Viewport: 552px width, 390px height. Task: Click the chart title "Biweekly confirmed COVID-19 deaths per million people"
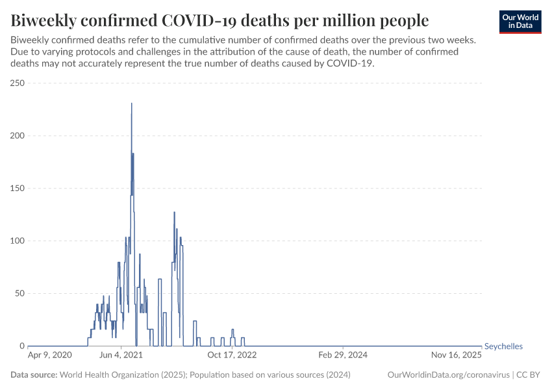click(220, 20)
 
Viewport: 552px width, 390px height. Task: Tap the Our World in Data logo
click(520, 21)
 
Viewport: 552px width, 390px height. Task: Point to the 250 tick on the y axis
click(17, 83)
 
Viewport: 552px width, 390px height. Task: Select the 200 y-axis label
click(17, 136)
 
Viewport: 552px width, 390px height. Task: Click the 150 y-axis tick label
click(17, 188)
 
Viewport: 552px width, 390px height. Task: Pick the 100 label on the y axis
click(17, 241)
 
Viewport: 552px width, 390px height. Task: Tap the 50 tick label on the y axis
click(19, 293)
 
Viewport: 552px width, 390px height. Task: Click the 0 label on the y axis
click(21, 346)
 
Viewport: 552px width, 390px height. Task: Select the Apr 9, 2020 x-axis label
click(50, 356)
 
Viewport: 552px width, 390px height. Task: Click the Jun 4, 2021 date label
click(121, 356)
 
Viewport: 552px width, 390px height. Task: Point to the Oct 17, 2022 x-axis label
click(232, 356)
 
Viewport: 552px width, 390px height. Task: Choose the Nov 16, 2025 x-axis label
click(457, 356)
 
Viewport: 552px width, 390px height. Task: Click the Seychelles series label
click(503, 346)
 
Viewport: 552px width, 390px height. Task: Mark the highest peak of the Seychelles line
click(132, 103)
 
